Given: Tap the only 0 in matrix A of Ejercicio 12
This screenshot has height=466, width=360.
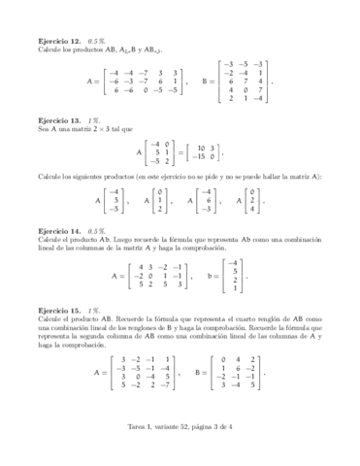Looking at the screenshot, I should tap(147, 90).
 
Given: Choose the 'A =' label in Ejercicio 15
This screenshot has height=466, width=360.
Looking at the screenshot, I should tap(102, 372).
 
